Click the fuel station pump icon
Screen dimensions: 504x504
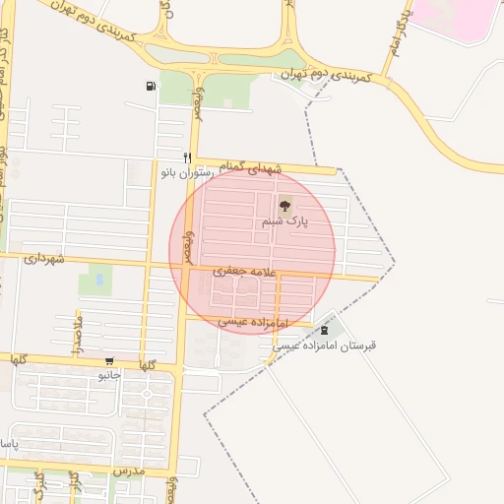[150, 86]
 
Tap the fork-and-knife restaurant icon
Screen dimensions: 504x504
[186, 157]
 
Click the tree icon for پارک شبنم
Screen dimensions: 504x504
[285, 206]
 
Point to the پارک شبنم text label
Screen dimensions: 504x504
[284, 222]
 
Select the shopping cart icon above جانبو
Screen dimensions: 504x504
[108, 361]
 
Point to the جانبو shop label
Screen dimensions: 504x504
[108, 375]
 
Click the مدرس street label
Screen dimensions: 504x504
[129, 472]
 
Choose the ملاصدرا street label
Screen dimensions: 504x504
[77, 332]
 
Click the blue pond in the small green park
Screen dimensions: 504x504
[99, 281]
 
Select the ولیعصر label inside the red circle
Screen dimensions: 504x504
[188, 245]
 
